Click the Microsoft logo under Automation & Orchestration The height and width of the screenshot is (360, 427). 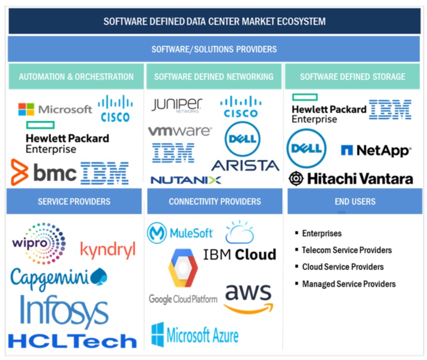click(55, 109)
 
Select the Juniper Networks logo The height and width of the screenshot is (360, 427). click(176, 105)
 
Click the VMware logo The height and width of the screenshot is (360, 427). click(179, 131)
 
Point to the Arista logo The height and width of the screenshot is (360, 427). click(245, 165)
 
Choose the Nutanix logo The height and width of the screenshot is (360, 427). click(186, 180)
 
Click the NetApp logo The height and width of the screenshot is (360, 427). click(376, 150)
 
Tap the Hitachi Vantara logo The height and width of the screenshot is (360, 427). click(351, 179)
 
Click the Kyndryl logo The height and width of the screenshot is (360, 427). click(107, 250)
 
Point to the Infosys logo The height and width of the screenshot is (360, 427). click(64, 310)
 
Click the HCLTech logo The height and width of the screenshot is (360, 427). click(72, 340)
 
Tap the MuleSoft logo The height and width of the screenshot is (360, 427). click(180, 233)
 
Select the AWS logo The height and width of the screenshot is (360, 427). click(248, 297)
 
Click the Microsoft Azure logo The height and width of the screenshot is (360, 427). click(195, 334)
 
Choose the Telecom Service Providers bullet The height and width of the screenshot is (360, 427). click(347, 250)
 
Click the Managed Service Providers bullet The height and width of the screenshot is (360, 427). click(349, 284)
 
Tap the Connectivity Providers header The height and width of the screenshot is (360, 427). click(214, 202)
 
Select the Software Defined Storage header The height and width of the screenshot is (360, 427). click(352, 76)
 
